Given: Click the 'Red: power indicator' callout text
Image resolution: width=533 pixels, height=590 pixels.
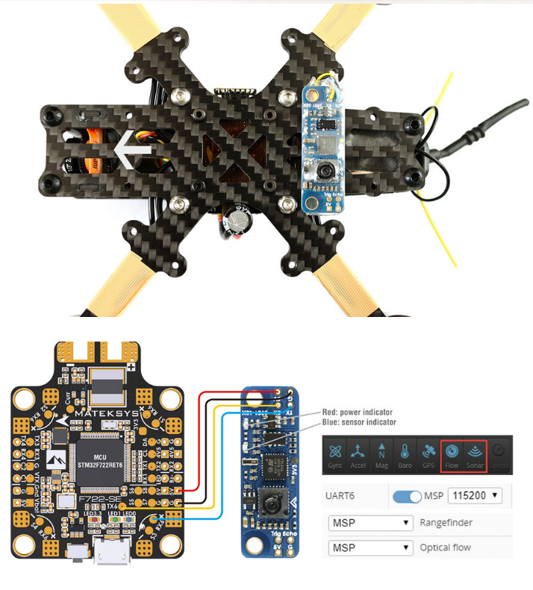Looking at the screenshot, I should click(357, 412).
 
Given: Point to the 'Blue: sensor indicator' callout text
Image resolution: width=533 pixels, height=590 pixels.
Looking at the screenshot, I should click(359, 422).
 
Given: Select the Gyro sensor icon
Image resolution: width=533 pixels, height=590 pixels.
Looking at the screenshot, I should click(335, 454).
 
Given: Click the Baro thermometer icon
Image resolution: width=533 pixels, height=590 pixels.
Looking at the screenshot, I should click(404, 454).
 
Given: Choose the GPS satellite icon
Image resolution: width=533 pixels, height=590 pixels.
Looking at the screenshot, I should click(428, 454).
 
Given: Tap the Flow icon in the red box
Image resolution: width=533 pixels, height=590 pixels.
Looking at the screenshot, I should click(452, 454).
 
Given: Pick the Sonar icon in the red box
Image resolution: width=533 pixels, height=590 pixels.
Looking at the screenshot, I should click(475, 454).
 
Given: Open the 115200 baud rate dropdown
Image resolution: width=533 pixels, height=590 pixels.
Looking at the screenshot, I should click(475, 495).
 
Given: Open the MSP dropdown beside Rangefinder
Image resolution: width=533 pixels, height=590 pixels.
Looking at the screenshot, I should click(370, 522).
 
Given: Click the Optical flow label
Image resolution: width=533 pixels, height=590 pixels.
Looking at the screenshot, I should click(446, 547).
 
